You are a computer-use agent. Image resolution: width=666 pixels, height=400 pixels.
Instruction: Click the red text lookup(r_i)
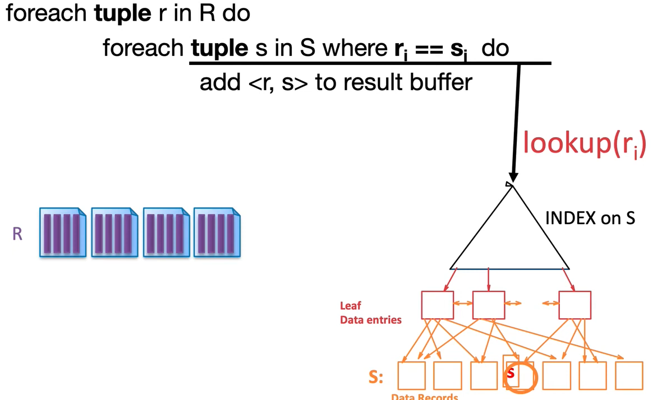(x=584, y=143)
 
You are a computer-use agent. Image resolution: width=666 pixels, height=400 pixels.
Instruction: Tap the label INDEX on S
(x=590, y=218)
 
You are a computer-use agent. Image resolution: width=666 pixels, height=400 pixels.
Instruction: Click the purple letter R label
(x=17, y=234)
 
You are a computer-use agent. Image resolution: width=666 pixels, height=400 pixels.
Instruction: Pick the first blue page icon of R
(x=62, y=232)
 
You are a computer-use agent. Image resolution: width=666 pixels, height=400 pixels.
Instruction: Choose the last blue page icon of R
(x=217, y=232)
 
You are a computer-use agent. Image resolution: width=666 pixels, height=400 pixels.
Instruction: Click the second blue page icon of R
(x=114, y=232)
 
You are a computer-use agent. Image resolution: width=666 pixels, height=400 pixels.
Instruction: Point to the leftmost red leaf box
(x=437, y=305)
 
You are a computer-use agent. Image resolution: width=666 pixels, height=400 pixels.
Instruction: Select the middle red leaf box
(x=489, y=305)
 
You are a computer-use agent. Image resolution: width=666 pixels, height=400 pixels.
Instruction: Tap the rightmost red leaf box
(x=575, y=305)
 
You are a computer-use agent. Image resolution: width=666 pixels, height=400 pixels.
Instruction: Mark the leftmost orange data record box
(x=411, y=375)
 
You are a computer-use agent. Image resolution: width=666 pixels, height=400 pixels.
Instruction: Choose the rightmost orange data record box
(x=628, y=375)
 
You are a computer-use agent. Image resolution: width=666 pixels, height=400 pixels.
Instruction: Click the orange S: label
(x=376, y=377)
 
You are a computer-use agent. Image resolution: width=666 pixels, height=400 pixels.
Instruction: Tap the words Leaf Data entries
(x=370, y=313)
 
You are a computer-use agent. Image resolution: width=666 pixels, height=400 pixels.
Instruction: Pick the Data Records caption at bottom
(x=424, y=396)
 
